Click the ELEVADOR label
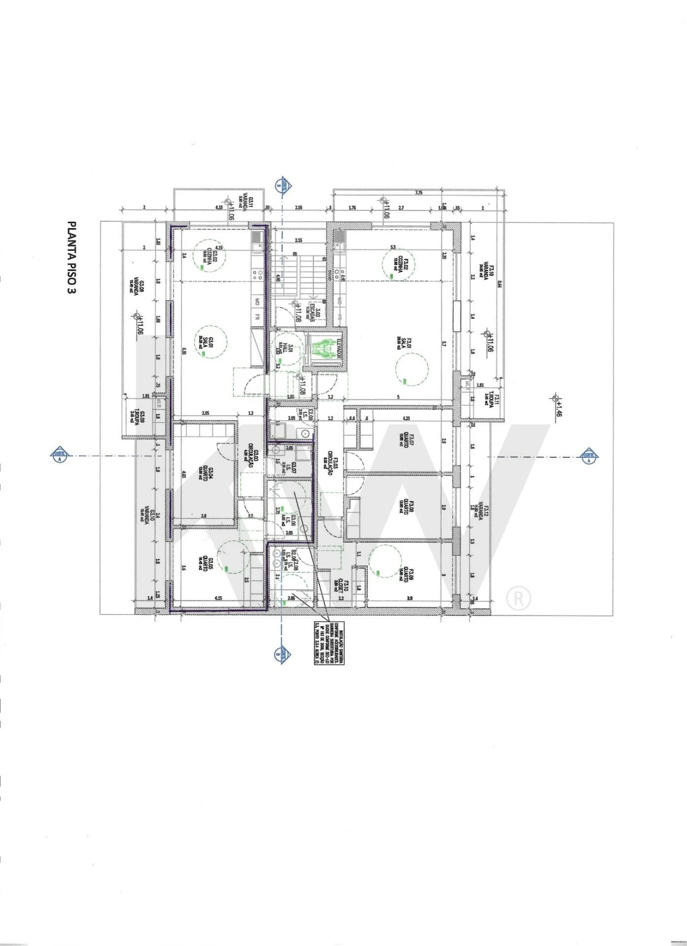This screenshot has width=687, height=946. (x=339, y=350)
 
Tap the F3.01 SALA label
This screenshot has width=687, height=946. (x=404, y=343)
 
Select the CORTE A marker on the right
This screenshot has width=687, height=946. (x=589, y=457)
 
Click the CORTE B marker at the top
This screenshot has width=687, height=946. (x=280, y=186)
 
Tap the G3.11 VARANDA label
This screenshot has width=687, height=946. (x=247, y=204)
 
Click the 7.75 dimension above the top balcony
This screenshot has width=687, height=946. (x=419, y=193)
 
